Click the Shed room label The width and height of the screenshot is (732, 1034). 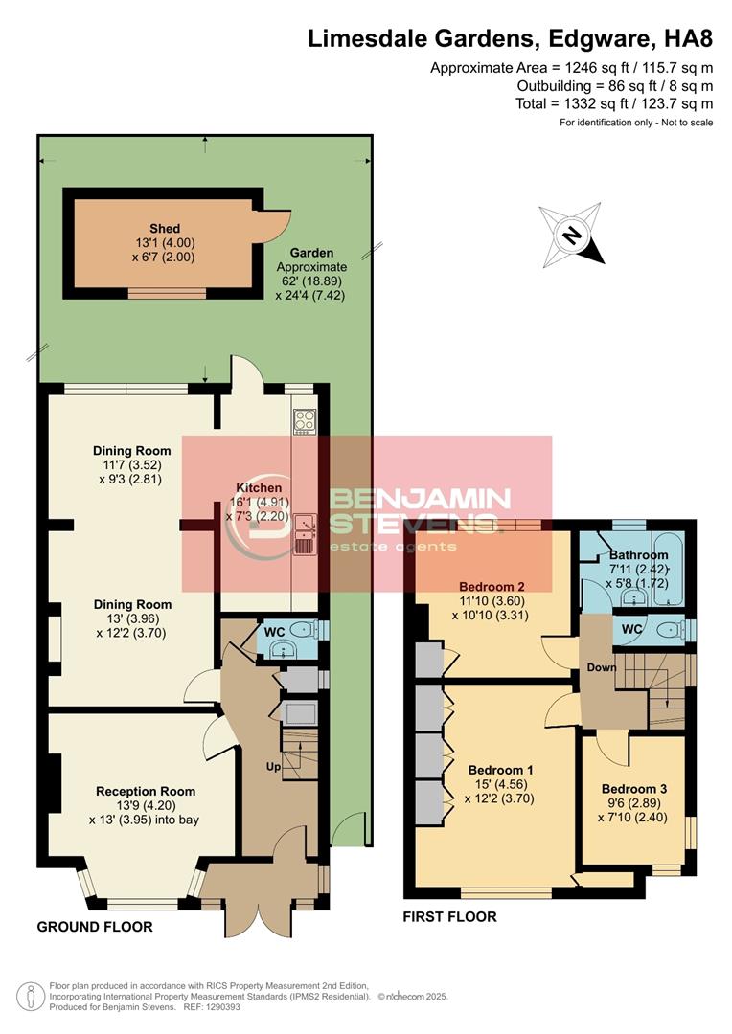pyautogui.click(x=165, y=228)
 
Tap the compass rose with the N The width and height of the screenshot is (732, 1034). pyautogui.click(x=572, y=235)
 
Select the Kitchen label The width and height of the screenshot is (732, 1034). pyautogui.click(x=259, y=487)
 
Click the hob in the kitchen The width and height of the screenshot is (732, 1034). pyautogui.click(x=305, y=420)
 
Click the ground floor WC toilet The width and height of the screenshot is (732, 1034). pyautogui.click(x=304, y=630)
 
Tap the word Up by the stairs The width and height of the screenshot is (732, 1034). pyautogui.click(x=273, y=766)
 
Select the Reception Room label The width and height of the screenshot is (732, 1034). pyautogui.click(x=146, y=791)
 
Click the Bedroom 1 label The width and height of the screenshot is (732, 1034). pyautogui.click(x=500, y=770)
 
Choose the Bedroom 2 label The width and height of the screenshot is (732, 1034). pyautogui.click(x=492, y=586)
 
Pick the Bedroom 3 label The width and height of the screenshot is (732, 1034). pyautogui.click(x=633, y=789)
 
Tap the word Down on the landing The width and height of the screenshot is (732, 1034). pyautogui.click(x=602, y=667)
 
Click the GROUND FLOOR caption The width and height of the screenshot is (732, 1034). pyautogui.click(x=95, y=927)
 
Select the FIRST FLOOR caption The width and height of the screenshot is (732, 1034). pyautogui.click(x=449, y=916)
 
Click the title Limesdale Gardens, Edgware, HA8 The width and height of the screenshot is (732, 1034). pyautogui.click(x=511, y=39)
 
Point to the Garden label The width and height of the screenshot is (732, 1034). pyautogui.click(x=311, y=253)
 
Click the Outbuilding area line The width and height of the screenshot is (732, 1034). pyautogui.click(x=614, y=86)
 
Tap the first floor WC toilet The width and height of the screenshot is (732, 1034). pyautogui.click(x=670, y=630)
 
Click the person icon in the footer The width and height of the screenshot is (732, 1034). pyautogui.click(x=27, y=997)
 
